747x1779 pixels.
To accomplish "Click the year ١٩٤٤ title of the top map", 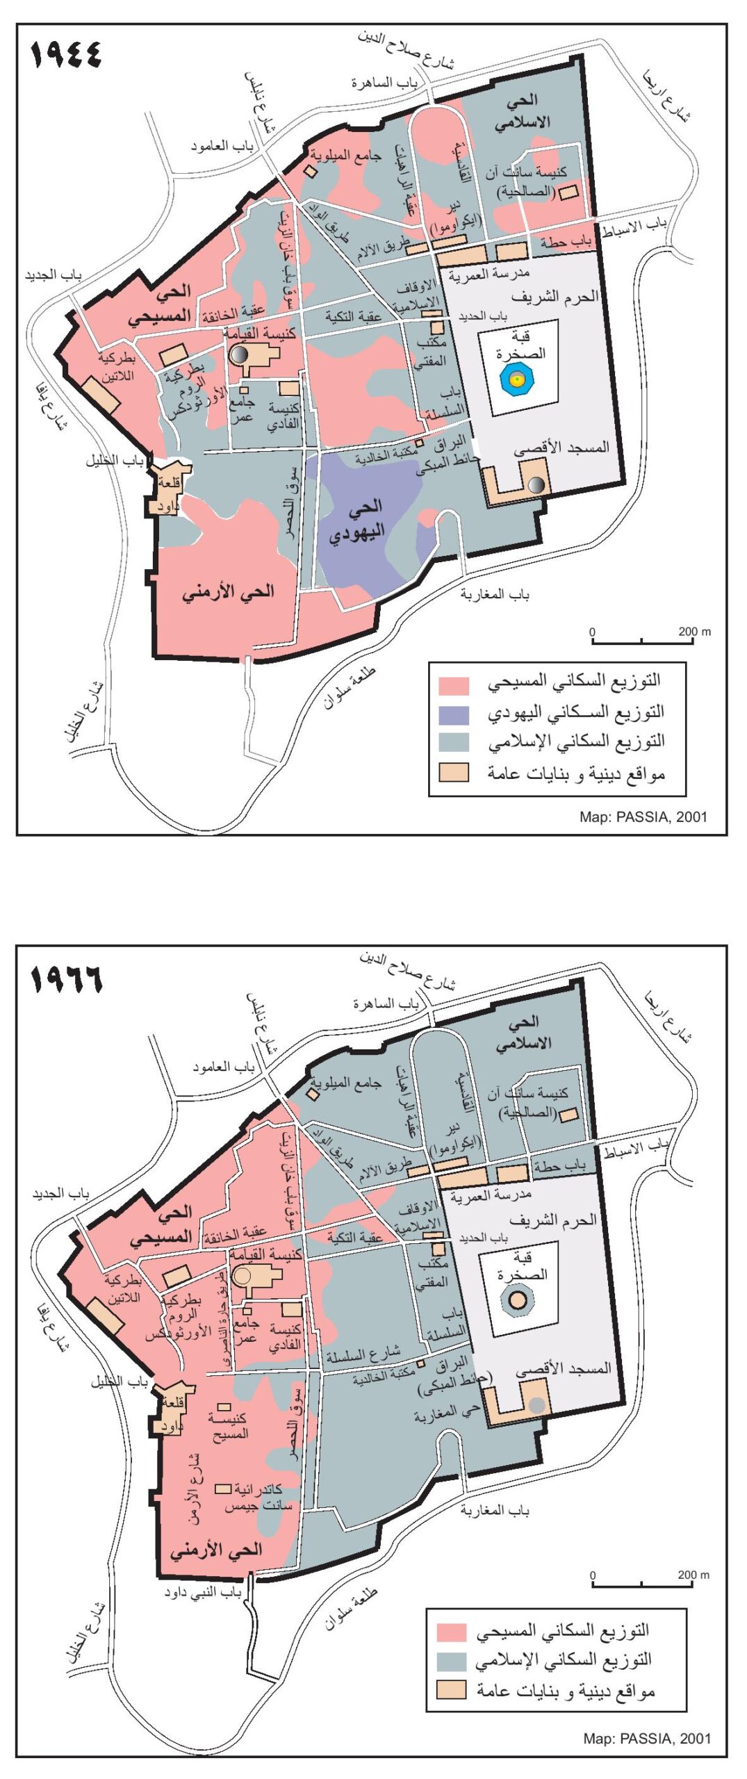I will click(x=67, y=54).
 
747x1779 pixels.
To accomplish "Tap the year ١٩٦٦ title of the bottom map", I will click(x=67, y=978).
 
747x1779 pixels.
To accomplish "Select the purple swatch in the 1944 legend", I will click(x=453, y=714).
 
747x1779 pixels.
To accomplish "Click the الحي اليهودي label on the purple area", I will click(x=359, y=520).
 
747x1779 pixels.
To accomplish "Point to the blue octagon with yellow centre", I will click(x=516, y=379).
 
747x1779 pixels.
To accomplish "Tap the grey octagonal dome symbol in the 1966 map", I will click(x=518, y=1300).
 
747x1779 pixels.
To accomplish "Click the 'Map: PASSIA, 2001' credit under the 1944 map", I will click(x=643, y=817).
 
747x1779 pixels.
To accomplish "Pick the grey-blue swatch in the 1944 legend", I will click(x=453, y=743).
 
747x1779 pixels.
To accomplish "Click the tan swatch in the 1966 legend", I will click(x=451, y=1690).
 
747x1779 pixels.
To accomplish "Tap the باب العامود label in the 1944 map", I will click(x=222, y=147).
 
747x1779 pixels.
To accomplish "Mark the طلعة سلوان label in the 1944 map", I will click(x=350, y=688).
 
